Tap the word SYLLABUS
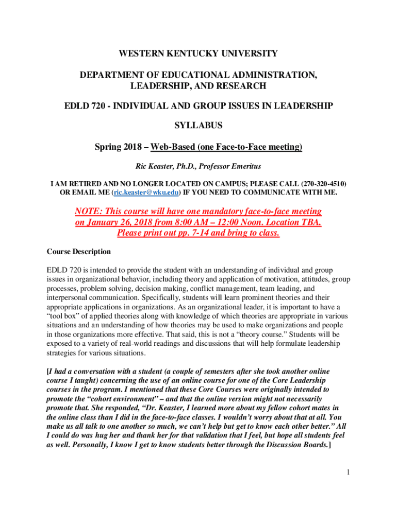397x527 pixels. (198, 126)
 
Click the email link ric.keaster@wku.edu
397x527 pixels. (146, 192)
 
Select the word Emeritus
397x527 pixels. (245, 166)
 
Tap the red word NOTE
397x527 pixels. (89, 212)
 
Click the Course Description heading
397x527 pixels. (79, 252)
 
